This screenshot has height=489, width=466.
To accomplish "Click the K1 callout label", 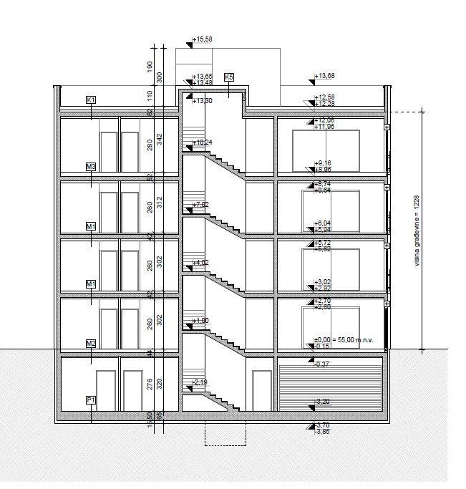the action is (91, 100).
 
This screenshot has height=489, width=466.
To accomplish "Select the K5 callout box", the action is (229, 77).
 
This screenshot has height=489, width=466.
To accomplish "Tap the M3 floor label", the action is (91, 167).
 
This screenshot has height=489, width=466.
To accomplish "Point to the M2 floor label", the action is (91, 343).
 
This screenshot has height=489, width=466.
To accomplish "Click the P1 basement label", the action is (91, 400).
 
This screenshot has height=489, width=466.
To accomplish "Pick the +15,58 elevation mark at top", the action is (203, 39).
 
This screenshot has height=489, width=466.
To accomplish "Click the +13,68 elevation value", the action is (325, 76).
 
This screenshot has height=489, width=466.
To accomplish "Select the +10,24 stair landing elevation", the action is (203, 142).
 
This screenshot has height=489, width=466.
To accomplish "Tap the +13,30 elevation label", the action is (203, 101).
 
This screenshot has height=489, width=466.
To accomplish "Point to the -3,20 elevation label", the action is (321, 402).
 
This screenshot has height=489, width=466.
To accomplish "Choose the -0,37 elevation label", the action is (321, 364).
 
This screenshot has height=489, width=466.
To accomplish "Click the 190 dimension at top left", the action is (150, 65).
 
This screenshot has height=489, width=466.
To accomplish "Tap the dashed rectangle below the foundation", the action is (225, 433).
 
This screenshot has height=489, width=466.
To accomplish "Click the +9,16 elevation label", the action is (324, 163).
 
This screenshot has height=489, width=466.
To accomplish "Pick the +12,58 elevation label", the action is (325, 97).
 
